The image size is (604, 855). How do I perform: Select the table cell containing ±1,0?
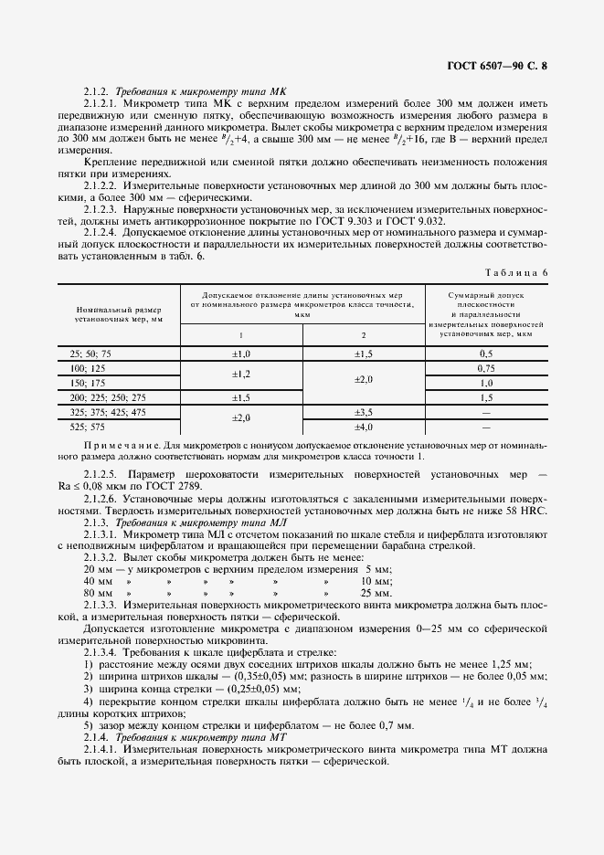[241, 353]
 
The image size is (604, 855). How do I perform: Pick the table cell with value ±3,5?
[364, 413]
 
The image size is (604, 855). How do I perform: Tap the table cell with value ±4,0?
[364, 427]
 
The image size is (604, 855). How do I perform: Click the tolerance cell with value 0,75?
[486, 367]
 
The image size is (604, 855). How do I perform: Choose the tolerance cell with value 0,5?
[486, 353]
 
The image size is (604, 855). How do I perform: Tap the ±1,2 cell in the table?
[241, 375]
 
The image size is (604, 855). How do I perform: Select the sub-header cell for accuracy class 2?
[364, 335]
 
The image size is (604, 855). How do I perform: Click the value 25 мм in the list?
[376, 592]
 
